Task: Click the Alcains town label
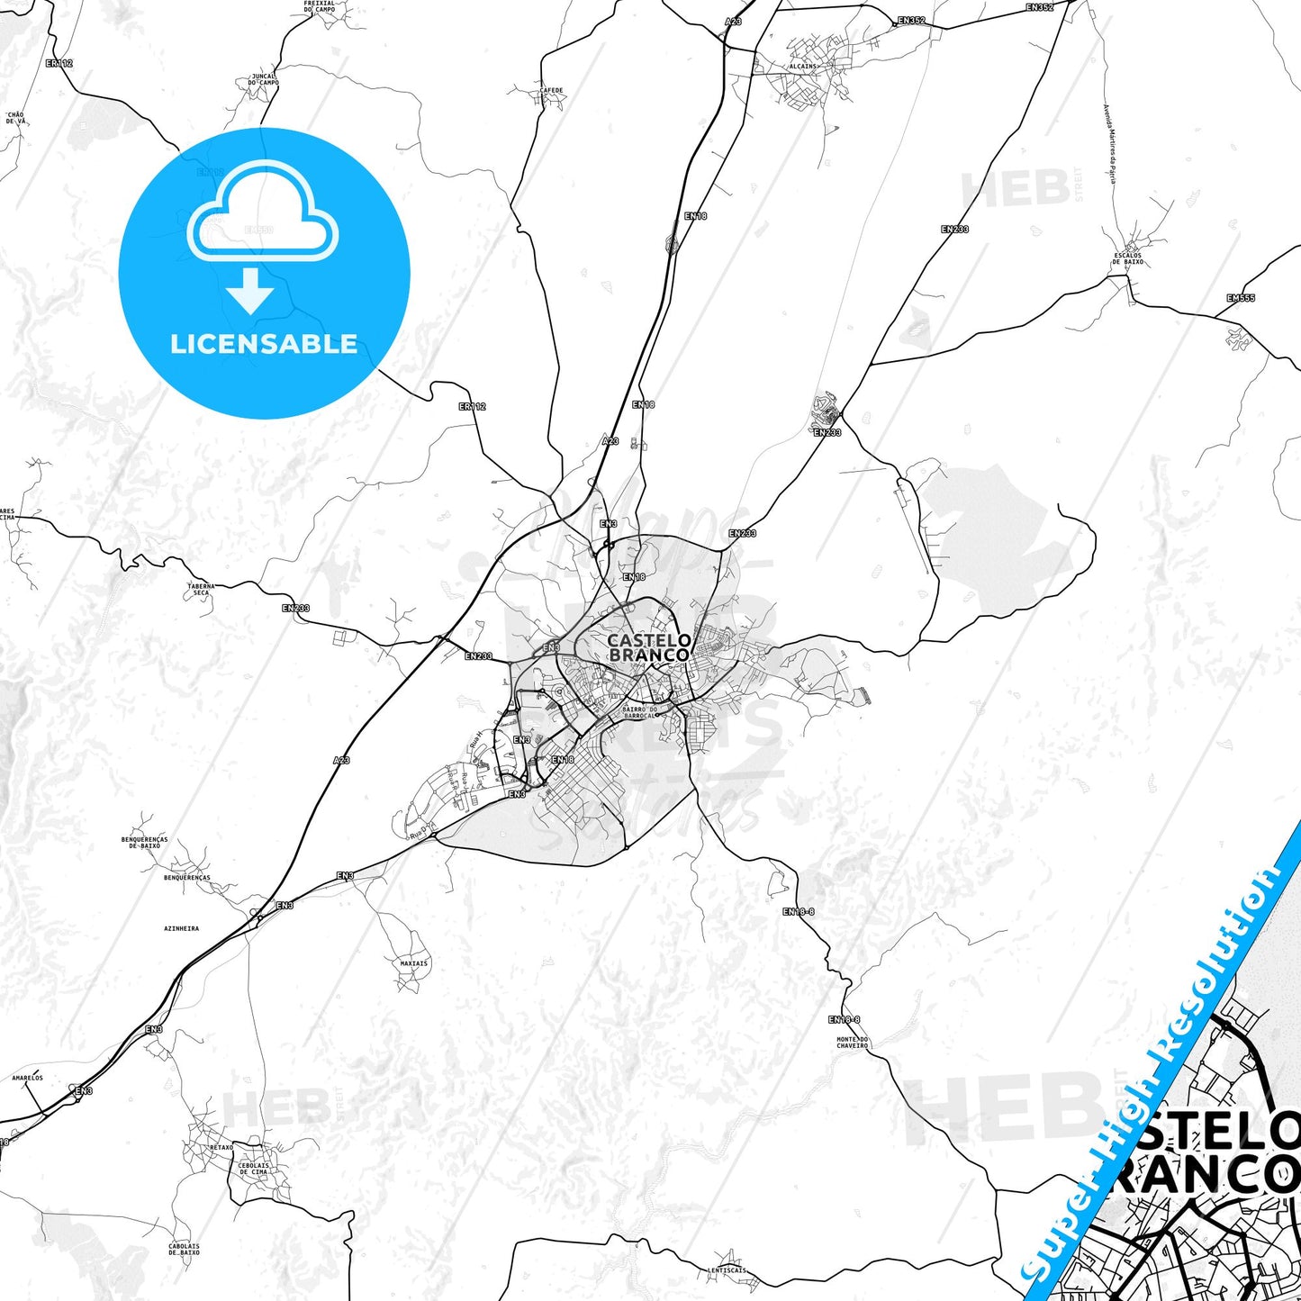(802, 67)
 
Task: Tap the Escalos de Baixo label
(1127, 258)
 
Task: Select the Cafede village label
(551, 91)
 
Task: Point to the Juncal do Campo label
(264, 79)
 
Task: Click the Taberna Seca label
(201, 589)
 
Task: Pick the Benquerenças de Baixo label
(144, 843)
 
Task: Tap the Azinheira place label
(182, 928)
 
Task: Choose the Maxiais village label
(414, 963)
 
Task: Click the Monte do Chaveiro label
(852, 1043)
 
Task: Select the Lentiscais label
(727, 1270)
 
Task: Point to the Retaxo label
(221, 1147)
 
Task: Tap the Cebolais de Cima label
(253, 1169)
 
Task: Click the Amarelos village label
(27, 1078)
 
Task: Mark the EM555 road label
(1240, 298)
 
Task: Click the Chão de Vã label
(15, 118)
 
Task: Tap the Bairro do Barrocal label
(639, 712)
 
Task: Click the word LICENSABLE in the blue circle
(264, 344)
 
